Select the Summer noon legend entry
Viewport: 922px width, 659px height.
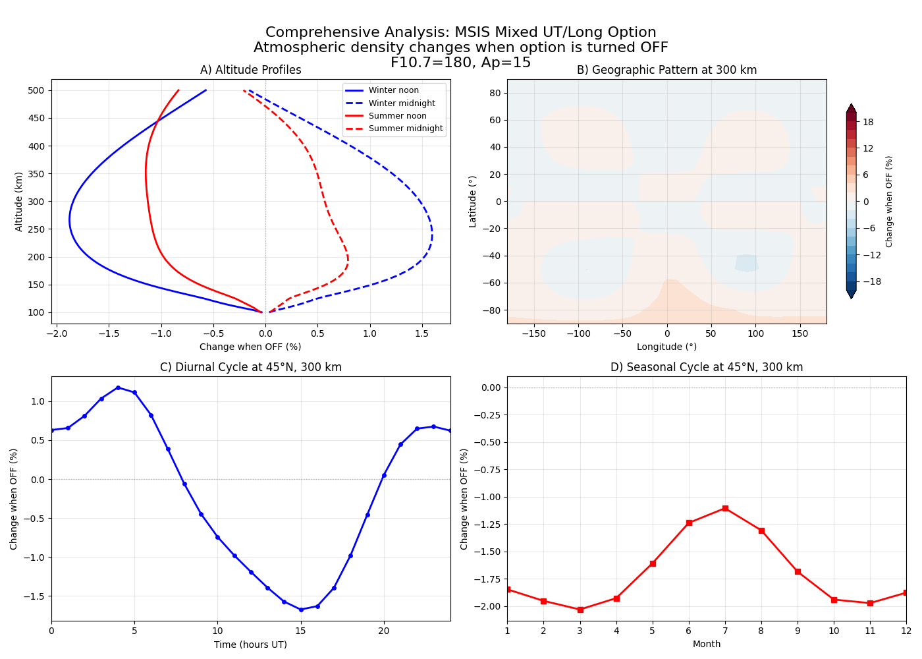pyautogui.click(x=397, y=116)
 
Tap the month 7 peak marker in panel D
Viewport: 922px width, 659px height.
pyautogui.click(x=725, y=508)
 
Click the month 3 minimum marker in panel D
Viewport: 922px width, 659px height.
pyautogui.click(x=580, y=610)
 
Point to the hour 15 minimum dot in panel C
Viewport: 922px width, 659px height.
pyautogui.click(x=301, y=610)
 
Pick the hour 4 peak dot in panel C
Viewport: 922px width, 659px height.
pyautogui.click(x=118, y=387)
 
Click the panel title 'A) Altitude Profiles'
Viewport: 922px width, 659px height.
pyautogui.click(x=250, y=70)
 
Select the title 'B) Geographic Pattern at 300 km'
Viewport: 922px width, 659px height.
pyautogui.click(x=666, y=70)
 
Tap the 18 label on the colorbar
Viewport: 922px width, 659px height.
pyautogui.click(x=868, y=122)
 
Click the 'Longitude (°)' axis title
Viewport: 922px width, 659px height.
pyautogui.click(x=666, y=347)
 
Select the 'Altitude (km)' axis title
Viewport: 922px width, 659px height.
pyautogui.click(x=19, y=202)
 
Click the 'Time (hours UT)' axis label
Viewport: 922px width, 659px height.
pyautogui.click(x=250, y=645)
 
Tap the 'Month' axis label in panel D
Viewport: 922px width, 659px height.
pyautogui.click(x=706, y=644)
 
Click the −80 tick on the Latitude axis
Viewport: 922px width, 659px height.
pyautogui.click(x=493, y=310)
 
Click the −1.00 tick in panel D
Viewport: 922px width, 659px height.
pyautogui.click(x=487, y=497)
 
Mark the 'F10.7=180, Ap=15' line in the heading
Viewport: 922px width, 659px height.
pyautogui.click(x=460, y=63)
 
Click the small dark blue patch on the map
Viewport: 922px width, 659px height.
pyautogui.click(x=747, y=263)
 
